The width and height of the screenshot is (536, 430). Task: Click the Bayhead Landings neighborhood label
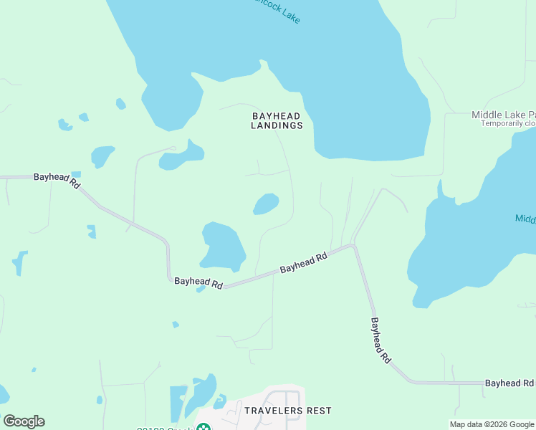(277, 120)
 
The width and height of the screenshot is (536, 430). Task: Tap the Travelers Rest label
(288, 411)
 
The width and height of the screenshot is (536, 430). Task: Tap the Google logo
(24, 421)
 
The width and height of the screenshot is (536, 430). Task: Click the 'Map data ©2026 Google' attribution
(491, 424)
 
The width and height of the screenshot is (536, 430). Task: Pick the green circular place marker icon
(204, 428)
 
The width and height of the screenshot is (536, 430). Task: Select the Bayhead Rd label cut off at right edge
(509, 383)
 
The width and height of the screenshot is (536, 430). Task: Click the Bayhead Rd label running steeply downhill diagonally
(381, 340)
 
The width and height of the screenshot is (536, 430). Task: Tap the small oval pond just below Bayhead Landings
(266, 204)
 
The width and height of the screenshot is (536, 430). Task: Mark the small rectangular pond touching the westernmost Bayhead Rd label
(76, 174)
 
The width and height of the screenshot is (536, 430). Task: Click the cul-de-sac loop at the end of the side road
(172, 148)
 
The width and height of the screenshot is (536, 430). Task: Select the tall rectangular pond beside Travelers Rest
(177, 403)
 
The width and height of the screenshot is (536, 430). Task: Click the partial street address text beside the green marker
(165, 427)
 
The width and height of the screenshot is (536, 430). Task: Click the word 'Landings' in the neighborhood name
(277, 125)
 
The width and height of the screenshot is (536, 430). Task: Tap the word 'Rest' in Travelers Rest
(320, 411)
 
